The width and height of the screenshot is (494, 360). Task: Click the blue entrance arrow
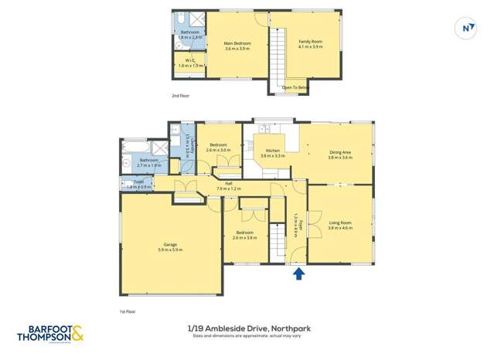(299, 272)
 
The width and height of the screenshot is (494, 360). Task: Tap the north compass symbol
(466, 27)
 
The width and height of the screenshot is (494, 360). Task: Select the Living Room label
(340, 223)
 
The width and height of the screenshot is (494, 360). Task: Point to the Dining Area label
(341, 152)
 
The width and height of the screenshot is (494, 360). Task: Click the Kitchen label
(272, 151)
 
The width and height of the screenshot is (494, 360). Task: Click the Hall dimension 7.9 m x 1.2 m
(230, 188)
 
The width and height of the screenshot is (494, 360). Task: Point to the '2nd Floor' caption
(180, 96)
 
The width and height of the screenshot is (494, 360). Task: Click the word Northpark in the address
(290, 328)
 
